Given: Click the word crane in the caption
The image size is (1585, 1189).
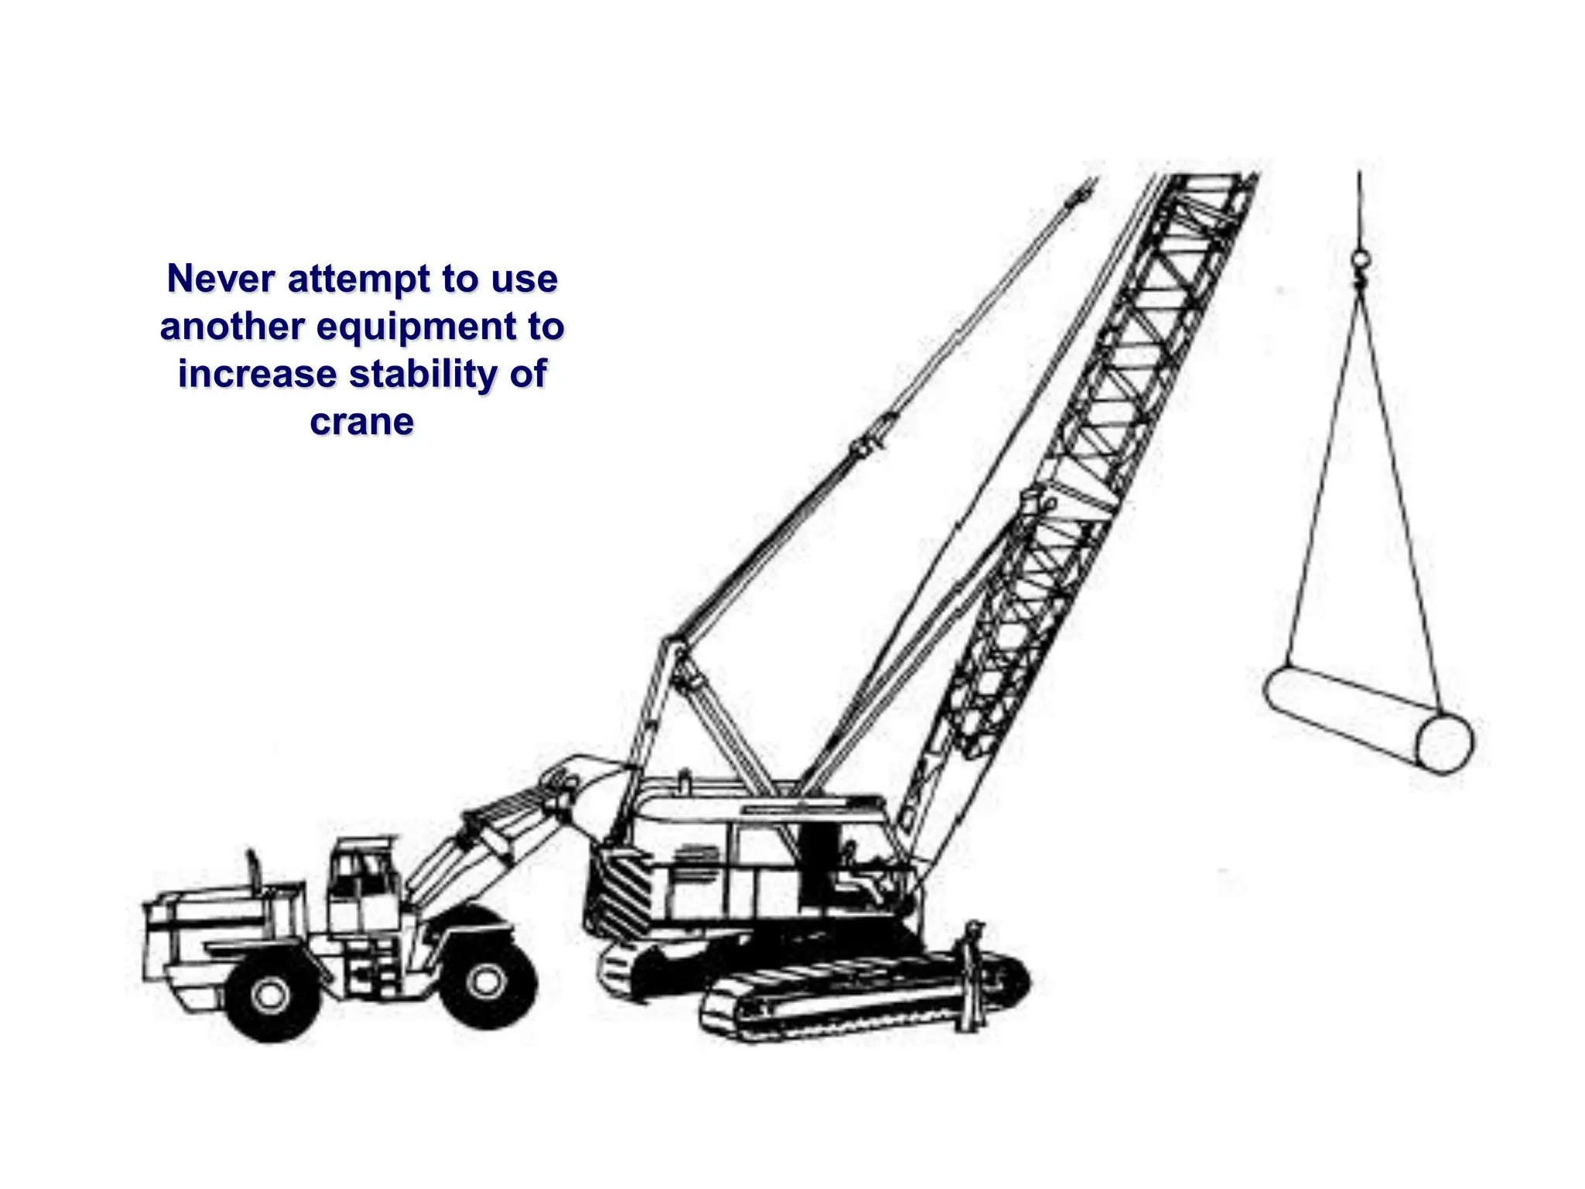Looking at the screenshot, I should click(x=361, y=422).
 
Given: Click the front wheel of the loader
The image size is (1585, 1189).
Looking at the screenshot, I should click(x=487, y=981).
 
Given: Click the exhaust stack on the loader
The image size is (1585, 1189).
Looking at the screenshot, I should click(x=252, y=867).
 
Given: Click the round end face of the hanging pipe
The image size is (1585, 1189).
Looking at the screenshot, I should click(x=1445, y=743).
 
